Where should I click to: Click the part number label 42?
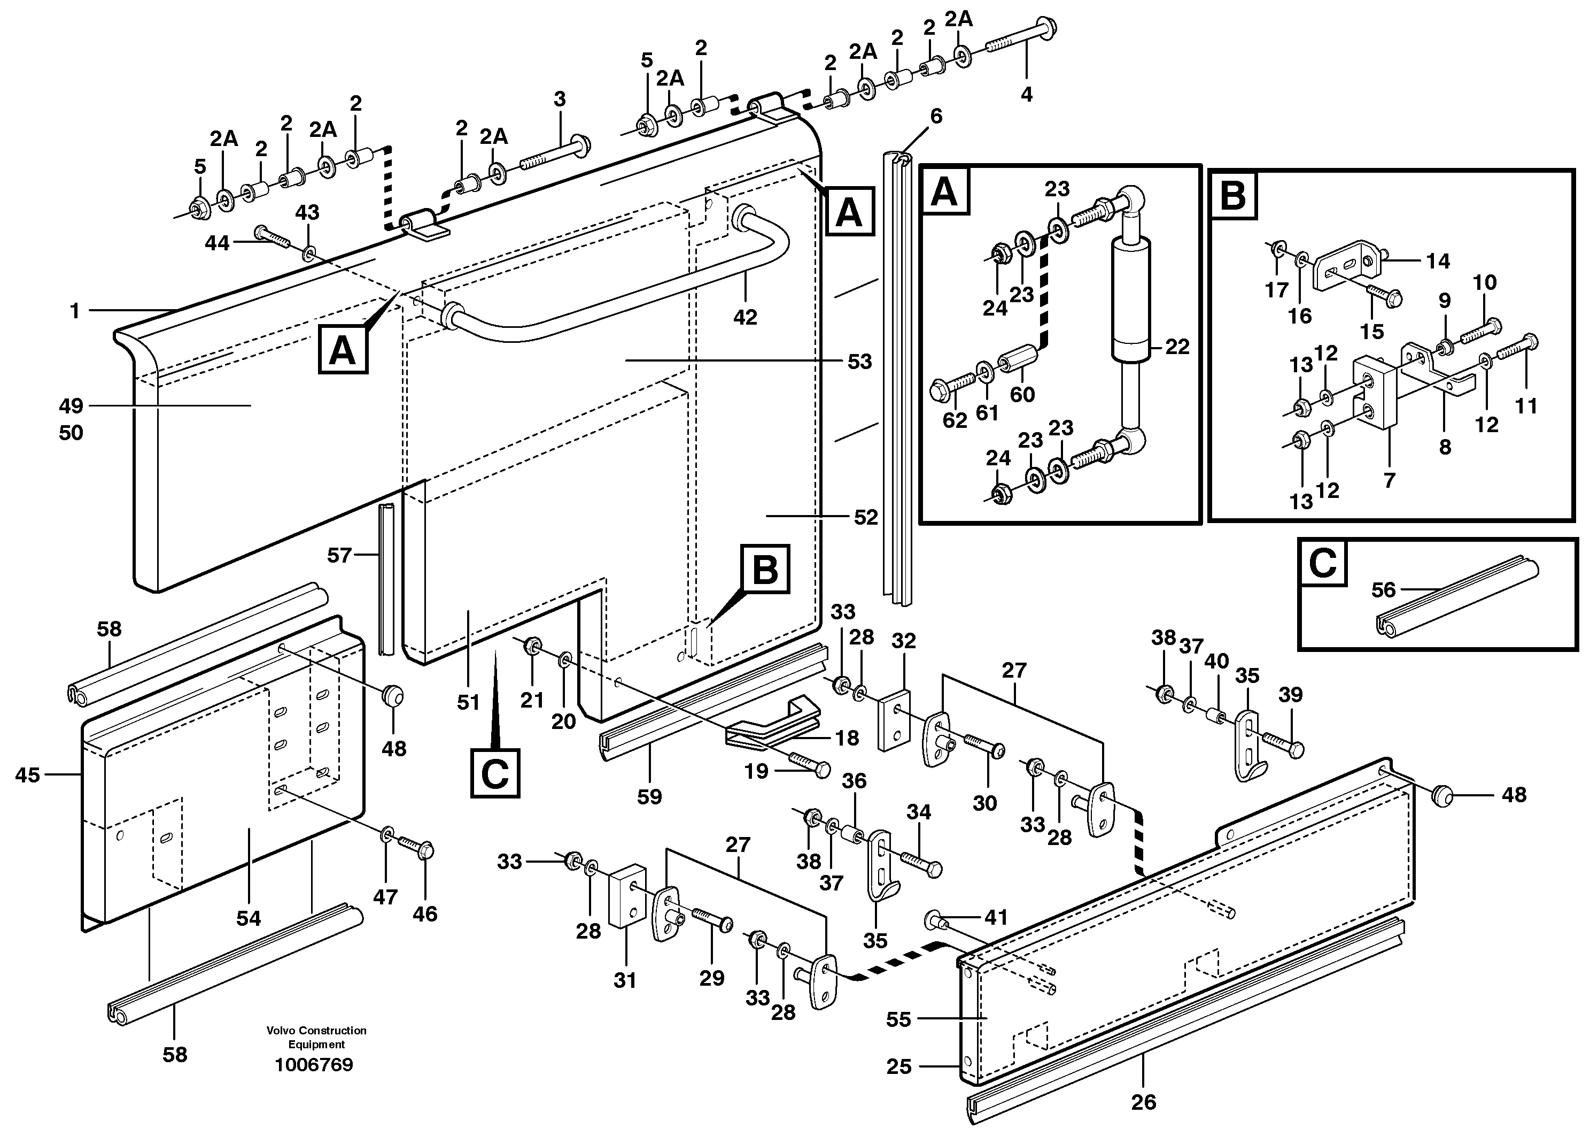tap(744, 317)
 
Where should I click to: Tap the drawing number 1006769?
tap(314, 1065)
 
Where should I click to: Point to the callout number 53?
tap(859, 362)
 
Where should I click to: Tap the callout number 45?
tap(27, 775)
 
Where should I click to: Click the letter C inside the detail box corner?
tap(1323, 563)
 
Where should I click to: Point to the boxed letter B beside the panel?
tap(764, 570)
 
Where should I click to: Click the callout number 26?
tap(1143, 1102)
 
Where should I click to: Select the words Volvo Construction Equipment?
tap(316, 1036)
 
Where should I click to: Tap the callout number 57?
tap(339, 556)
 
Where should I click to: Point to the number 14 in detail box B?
tap(1438, 261)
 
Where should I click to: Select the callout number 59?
tap(649, 796)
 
